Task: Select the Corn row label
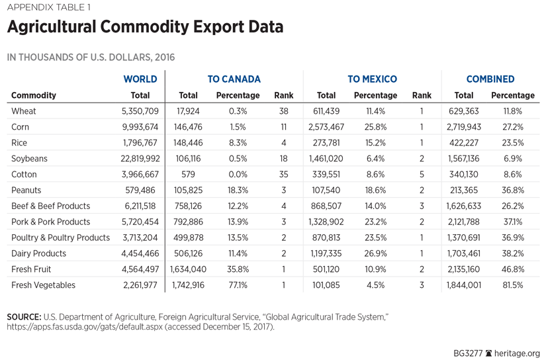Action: tap(20, 127)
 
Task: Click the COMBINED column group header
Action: tap(490, 79)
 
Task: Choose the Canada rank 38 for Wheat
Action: tap(284, 111)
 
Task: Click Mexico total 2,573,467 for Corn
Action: tap(326, 127)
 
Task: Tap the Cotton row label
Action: tap(24, 175)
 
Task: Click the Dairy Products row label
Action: tap(39, 253)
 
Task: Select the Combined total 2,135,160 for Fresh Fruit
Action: tap(464, 269)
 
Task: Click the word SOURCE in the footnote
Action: tap(24, 317)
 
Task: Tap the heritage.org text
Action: tap(519, 353)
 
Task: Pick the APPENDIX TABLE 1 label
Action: tap(48, 8)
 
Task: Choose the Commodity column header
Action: tap(34, 95)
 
